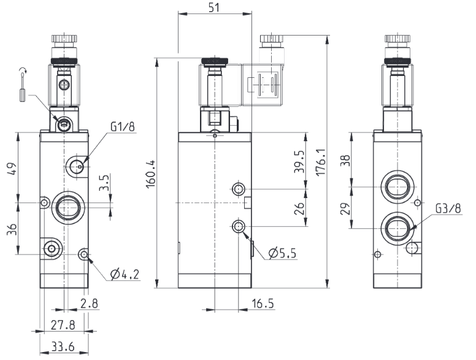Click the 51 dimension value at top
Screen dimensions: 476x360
(214, 7)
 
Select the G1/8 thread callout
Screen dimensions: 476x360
(122, 126)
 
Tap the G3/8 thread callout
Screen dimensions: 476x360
(448, 209)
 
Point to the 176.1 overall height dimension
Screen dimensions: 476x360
(321, 162)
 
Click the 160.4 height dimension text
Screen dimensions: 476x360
(151, 174)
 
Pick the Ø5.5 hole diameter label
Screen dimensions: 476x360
(282, 253)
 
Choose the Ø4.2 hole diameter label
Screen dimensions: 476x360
(125, 274)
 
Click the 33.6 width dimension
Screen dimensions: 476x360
(63, 347)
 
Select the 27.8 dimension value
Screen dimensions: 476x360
(63, 325)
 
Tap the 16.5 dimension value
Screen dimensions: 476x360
(263, 303)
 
